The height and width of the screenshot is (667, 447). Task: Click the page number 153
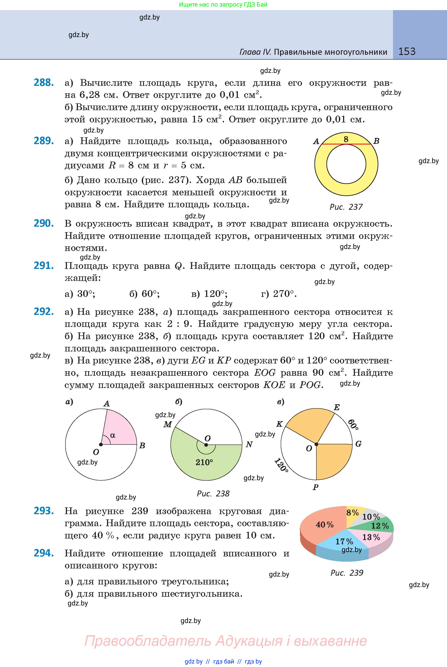click(x=407, y=51)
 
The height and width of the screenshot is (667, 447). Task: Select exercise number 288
click(x=44, y=83)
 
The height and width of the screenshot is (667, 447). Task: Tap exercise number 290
click(x=44, y=223)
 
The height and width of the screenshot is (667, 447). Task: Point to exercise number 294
click(x=44, y=553)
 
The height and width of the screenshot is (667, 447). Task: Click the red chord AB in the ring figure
click(x=346, y=144)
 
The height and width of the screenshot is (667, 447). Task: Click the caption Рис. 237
click(x=346, y=207)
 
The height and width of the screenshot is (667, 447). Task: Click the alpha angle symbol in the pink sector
click(x=113, y=435)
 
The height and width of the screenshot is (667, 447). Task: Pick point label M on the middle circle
click(x=167, y=425)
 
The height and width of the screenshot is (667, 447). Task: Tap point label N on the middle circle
click(x=249, y=445)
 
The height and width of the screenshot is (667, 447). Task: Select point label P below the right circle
click(x=315, y=487)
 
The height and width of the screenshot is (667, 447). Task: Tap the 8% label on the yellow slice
click(x=352, y=513)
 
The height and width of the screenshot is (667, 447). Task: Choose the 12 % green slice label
click(x=380, y=526)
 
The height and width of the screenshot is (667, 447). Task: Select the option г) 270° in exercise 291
click(x=279, y=294)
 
